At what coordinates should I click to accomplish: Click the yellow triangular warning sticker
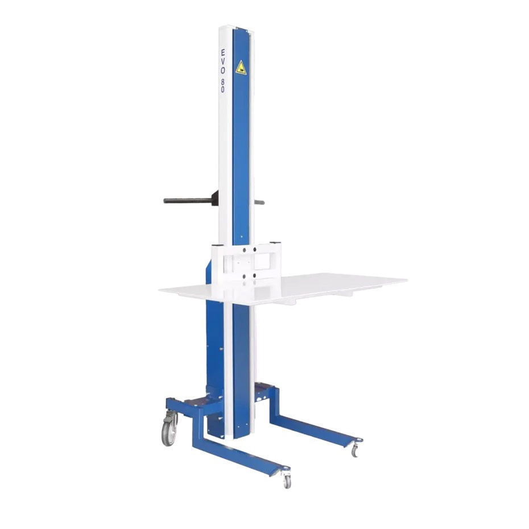pyautogui.click(x=241, y=68)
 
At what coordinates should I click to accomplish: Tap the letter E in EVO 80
pyautogui.click(x=222, y=53)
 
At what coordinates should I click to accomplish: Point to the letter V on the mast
pyautogui.click(x=222, y=62)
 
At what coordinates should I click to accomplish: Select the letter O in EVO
pyautogui.click(x=222, y=71)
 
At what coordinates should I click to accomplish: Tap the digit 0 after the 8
pyautogui.click(x=222, y=89)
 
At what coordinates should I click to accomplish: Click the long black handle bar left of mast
pyautogui.click(x=188, y=200)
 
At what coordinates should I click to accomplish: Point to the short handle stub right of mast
pyautogui.click(x=259, y=202)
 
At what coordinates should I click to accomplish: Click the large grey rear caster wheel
pyautogui.click(x=170, y=433)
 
